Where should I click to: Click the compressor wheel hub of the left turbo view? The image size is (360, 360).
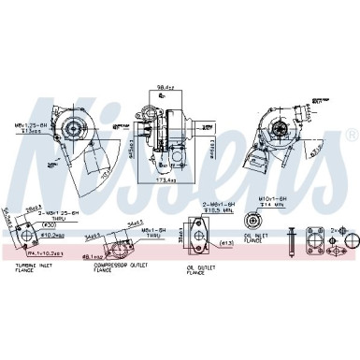70,128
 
